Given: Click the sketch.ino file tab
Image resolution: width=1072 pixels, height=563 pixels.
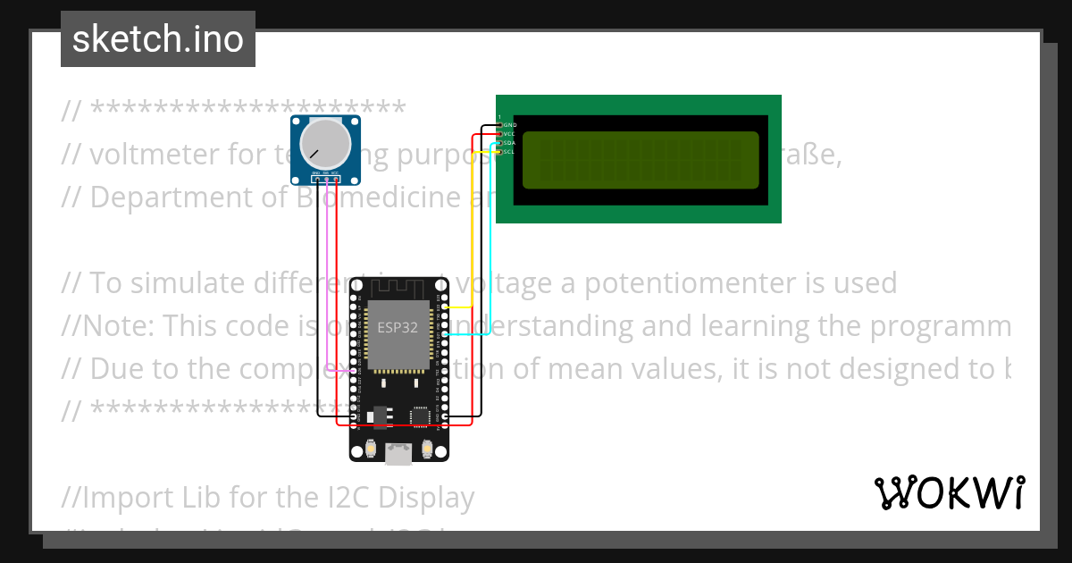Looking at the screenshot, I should (158, 39).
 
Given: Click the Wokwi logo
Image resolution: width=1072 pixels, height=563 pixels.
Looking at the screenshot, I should (949, 492).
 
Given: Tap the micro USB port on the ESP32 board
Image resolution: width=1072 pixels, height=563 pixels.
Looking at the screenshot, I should (398, 455).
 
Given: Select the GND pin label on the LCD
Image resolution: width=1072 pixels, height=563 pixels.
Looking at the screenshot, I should (510, 124).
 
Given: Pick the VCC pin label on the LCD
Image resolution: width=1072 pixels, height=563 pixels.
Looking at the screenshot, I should (510, 133).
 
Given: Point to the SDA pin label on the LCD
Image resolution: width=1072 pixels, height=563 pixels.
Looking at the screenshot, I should (510, 143).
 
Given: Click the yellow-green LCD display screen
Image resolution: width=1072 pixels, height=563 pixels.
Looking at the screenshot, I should (640, 161).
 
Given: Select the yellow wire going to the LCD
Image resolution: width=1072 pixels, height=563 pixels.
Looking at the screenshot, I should (473, 223).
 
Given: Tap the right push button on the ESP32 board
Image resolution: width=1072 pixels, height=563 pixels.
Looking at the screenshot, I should (428, 448).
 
